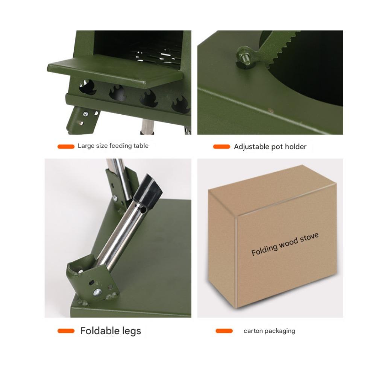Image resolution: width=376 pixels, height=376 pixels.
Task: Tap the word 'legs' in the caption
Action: [131, 331]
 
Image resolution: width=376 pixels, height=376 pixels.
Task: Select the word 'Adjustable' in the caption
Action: [251, 147]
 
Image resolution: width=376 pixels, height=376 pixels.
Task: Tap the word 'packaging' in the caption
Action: [280, 331]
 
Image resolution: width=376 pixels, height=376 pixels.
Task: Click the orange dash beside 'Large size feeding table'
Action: [66, 147]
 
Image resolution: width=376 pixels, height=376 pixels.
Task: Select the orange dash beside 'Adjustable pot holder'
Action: [221, 147]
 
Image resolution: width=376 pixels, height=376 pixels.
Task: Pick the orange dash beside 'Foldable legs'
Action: [66, 331]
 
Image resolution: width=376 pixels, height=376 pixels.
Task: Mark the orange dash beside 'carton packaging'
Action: [224, 331]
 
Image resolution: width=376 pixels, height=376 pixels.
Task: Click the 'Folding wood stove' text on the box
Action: [285, 244]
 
